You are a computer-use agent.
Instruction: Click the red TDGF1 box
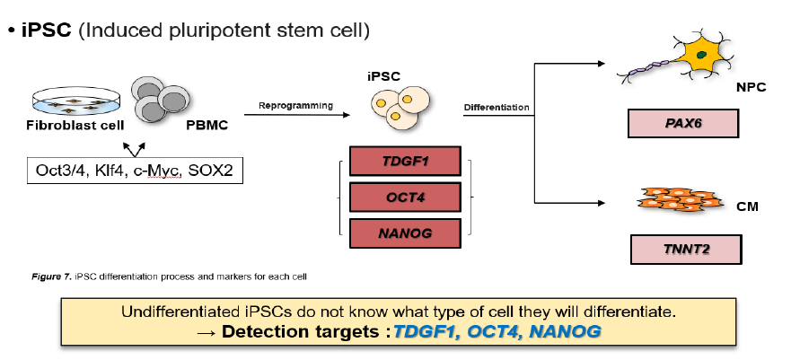405,162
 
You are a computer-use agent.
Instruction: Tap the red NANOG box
405,233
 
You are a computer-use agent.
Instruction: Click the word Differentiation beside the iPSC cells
497,109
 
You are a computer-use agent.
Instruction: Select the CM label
747,206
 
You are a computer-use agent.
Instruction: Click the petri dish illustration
68,101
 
